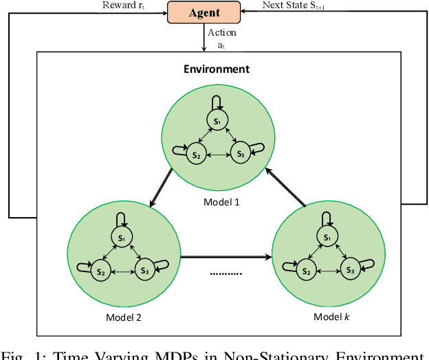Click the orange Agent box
(x=204, y=12)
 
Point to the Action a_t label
(x=222, y=38)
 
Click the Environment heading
(x=216, y=69)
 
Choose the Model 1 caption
(x=222, y=202)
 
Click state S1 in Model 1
(x=217, y=121)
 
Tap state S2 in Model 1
(x=196, y=155)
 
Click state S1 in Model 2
(x=122, y=237)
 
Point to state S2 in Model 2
(x=101, y=271)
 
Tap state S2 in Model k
(x=306, y=271)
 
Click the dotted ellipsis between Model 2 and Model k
(x=225, y=273)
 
